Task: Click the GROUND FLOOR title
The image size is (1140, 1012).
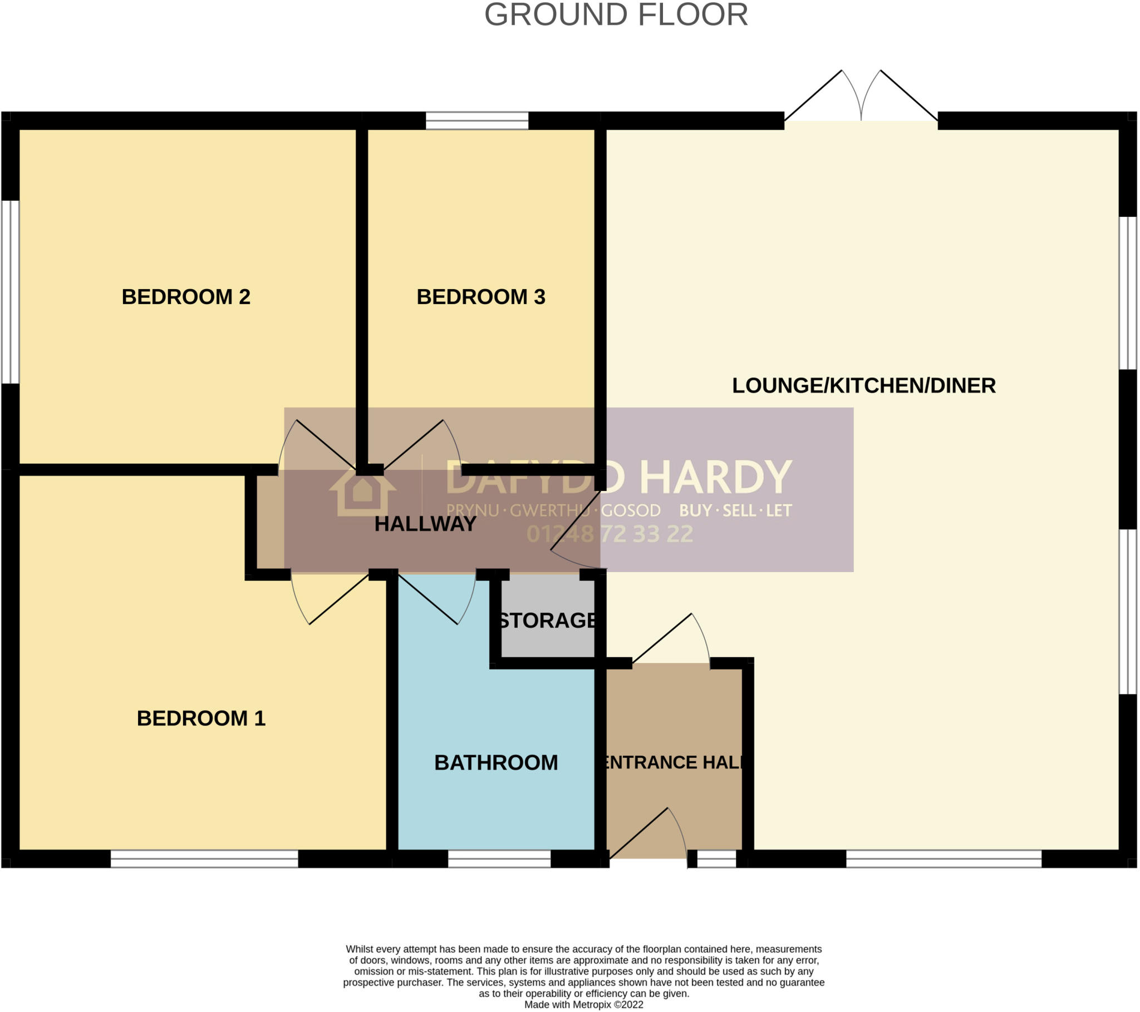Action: [x=616, y=15]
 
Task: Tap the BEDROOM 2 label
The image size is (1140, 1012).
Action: [x=186, y=296]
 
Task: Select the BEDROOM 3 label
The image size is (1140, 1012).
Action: [x=481, y=296]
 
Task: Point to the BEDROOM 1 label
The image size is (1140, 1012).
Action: [x=201, y=718]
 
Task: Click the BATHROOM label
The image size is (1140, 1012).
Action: [x=496, y=763]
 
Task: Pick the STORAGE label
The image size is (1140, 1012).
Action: [x=547, y=621]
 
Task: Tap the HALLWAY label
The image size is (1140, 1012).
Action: [x=425, y=524]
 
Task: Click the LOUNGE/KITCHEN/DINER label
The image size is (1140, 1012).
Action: [x=863, y=386]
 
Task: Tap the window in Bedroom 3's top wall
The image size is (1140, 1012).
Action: [x=477, y=120]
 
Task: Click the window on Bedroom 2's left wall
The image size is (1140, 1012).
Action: [x=10, y=292]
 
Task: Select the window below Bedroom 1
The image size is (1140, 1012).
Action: [x=204, y=859]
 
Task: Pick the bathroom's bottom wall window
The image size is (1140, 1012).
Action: [x=499, y=859]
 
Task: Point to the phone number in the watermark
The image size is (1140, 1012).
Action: [x=610, y=534]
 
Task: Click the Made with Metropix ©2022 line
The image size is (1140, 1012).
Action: [x=583, y=1005]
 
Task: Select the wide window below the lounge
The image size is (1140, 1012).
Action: [x=944, y=859]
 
